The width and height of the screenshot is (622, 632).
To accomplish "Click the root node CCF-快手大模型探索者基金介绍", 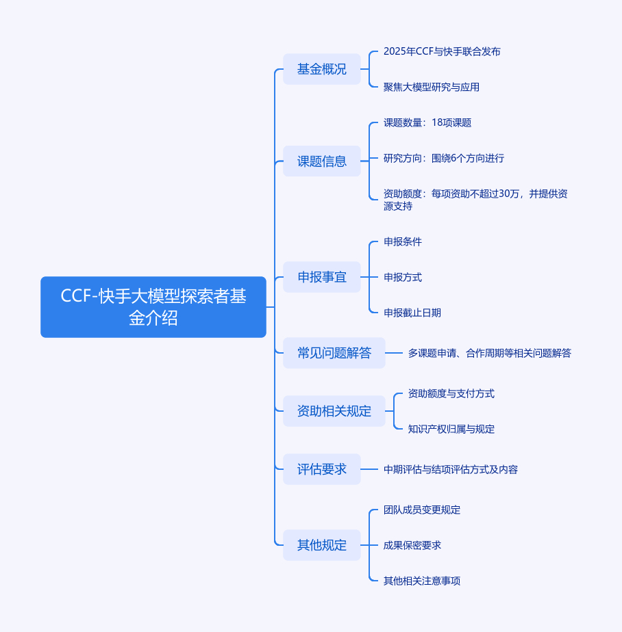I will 153,307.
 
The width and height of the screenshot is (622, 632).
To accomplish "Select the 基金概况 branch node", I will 322,69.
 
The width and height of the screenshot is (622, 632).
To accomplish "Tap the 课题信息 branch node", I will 322,161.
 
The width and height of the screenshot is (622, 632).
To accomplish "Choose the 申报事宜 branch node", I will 322,277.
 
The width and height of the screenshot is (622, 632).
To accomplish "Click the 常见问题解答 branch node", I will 334,353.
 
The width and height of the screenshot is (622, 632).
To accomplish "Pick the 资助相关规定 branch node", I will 334,411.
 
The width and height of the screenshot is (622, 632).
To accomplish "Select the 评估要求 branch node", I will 322,469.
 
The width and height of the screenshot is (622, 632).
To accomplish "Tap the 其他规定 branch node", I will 322,545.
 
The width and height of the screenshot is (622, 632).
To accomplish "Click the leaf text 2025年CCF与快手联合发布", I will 442,51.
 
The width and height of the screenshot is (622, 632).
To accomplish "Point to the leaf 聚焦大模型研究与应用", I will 432,87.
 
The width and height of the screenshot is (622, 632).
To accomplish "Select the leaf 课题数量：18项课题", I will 427,122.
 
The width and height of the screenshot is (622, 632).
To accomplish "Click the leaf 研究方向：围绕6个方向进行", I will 444,158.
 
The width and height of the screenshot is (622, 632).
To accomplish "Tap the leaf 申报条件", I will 403,241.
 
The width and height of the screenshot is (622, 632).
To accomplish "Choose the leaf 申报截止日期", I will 412,313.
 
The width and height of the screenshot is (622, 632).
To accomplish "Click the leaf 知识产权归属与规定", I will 451,429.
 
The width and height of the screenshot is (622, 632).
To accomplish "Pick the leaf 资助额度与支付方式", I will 451,393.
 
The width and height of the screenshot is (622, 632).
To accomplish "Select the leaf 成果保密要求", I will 412,545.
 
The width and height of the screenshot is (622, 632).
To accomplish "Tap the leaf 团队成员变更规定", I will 422,510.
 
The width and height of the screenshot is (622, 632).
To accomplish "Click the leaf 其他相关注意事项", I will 422,581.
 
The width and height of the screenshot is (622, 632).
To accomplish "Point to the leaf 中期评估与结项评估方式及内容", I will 451,469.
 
